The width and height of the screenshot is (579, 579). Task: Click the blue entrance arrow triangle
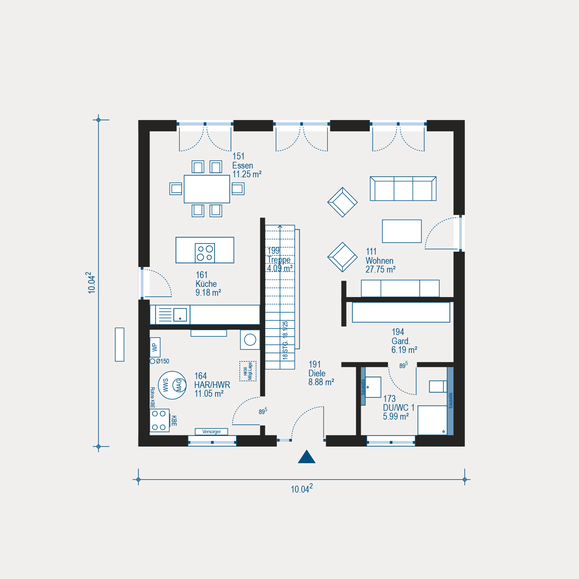(306, 457)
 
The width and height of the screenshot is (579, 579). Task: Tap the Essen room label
(242, 166)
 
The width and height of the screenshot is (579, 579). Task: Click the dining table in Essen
(207, 189)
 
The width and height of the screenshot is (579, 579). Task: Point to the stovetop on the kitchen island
(205, 253)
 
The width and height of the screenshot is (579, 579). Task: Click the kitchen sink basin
(180, 315)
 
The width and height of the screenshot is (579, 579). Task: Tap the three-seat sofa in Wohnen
(403, 189)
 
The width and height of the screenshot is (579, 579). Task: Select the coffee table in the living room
(402, 231)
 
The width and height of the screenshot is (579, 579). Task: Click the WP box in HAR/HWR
(155, 347)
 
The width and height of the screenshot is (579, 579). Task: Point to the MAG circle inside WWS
(179, 385)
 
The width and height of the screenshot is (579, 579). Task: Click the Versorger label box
(211, 431)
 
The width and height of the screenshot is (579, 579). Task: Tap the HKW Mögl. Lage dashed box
(248, 371)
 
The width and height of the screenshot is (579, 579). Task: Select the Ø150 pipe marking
(160, 361)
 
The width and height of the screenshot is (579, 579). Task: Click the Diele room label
(317, 373)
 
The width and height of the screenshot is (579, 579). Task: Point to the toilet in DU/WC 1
(438, 387)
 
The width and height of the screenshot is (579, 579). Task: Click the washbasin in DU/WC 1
(373, 387)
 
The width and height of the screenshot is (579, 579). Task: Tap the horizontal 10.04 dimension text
(302, 488)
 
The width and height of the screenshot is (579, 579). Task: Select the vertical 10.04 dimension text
(91, 282)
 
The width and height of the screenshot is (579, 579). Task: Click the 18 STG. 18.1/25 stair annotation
(285, 340)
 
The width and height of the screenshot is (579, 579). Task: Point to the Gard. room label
(401, 341)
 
